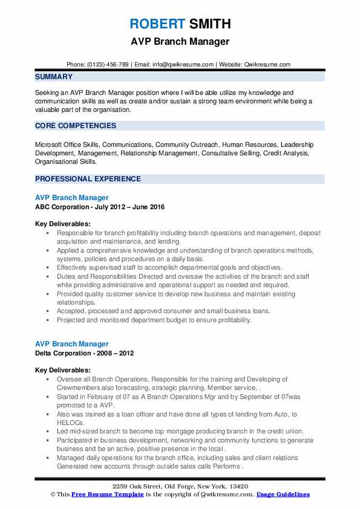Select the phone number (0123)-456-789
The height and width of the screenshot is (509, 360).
(x=107, y=65)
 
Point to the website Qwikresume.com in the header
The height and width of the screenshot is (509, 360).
(x=269, y=65)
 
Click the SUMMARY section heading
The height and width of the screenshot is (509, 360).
(x=54, y=77)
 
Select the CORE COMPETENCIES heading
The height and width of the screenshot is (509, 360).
(x=76, y=126)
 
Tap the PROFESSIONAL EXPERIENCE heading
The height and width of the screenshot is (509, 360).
(x=88, y=179)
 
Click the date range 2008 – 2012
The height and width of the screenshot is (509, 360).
(x=118, y=353)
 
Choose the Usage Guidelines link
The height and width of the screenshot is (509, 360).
(x=283, y=494)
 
